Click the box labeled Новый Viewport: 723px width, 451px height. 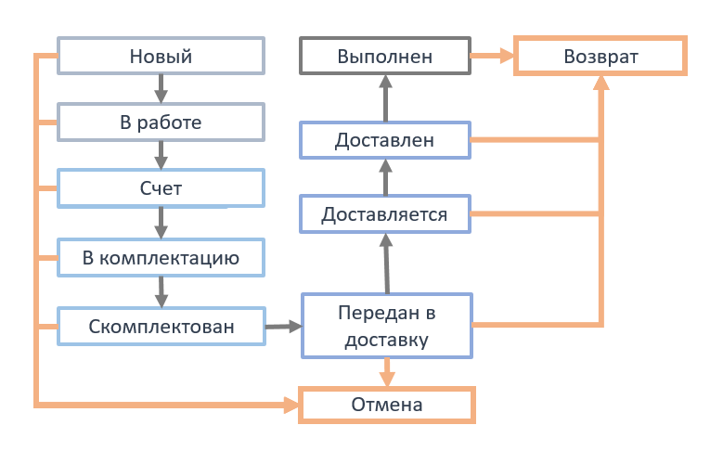point(161,56)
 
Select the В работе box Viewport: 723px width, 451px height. point(161,122)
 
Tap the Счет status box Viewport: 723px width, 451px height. point(161,188)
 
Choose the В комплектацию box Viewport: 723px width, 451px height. point(161,258)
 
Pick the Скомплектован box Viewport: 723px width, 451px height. point(161,327)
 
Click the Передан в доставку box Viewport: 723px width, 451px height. point(387,326)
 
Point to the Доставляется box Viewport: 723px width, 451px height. point(385,214)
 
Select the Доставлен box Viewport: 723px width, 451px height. point(385,140)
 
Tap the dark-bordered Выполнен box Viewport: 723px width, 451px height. point(385,56)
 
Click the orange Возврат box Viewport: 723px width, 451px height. point(600,56)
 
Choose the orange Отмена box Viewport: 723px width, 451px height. point(387,405)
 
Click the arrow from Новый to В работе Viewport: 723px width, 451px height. point(161,88)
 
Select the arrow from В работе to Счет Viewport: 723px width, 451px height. point(161,155)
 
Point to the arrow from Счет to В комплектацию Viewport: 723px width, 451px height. point(161,223)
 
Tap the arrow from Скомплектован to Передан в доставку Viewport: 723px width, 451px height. point(283,327)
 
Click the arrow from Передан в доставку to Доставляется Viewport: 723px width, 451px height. point(387,264)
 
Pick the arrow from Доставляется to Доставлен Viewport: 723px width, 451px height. point(385,177)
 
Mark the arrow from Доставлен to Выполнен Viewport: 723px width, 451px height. point(385,98)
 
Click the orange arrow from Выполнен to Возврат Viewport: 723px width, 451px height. point(492,56)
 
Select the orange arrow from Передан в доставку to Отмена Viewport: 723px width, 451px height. point(387,372)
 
